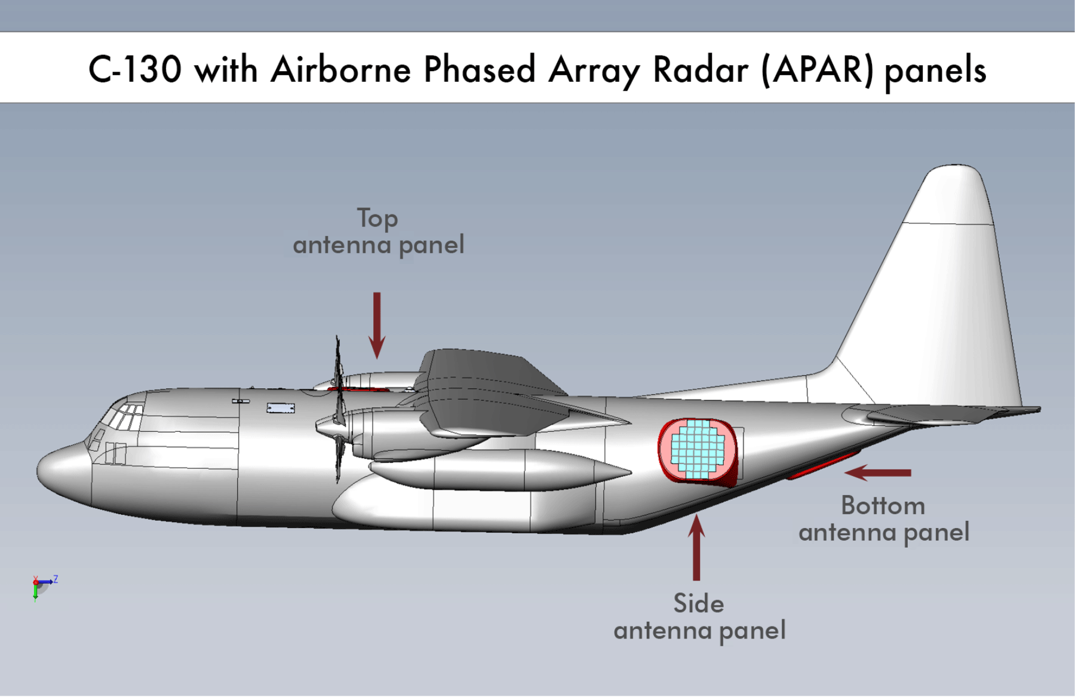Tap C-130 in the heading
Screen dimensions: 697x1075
click(135, 69)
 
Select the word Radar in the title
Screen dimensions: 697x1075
click(700, 70)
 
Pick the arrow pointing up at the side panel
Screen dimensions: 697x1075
click(696, 546)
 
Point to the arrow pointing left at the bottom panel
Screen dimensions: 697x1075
click(878, 472)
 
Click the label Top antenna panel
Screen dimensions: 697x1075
click(378, 232)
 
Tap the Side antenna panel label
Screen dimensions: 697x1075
click(699, 617)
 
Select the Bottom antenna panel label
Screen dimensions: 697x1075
click(883, 519)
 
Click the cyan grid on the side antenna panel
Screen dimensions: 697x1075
click(698, 449)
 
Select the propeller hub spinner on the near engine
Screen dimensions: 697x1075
click(325, 425)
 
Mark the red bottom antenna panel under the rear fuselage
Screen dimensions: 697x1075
click(824, 466)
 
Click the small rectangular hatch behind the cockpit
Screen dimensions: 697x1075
click(281, 408)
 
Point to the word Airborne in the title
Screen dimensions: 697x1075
click(341, 69)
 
